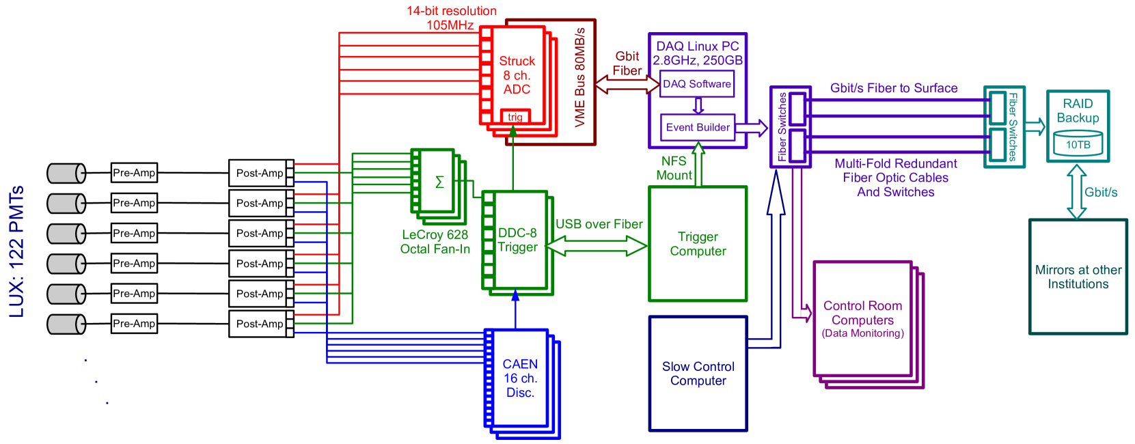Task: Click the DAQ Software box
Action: point(697,84)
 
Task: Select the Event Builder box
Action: point(698,128)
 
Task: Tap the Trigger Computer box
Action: point(698,244)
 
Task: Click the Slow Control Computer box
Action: point(698,374)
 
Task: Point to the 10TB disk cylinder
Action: point(1078,144)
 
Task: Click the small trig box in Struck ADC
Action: point(515,117)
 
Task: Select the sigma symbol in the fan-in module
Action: point(439,182)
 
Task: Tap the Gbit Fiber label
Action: point(627,64)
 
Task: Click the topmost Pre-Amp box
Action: point(134,173)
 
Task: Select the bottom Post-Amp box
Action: point(259,324)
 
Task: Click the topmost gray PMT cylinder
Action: point(66,173)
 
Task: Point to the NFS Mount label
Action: point(674,168)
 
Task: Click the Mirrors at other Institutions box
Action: point(1078,277)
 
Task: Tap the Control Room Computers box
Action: point(862,318)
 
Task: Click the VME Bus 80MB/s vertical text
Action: point(580,78)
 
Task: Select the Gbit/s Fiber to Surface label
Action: point(894,88)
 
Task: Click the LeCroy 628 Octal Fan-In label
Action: point(435,242)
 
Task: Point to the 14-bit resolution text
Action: point(451,12)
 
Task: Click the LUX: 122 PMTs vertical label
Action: point(17,251)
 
